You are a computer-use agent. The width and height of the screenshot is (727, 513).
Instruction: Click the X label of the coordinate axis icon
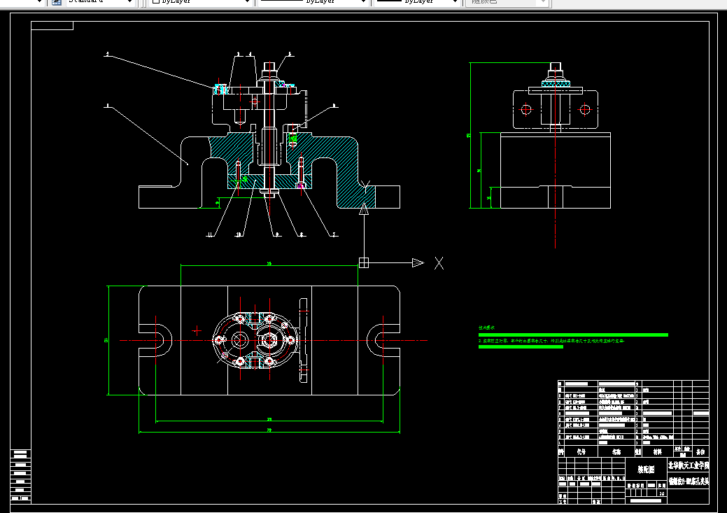tap(439, 263)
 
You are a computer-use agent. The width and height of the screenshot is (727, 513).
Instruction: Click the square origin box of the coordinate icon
tap(363, 263)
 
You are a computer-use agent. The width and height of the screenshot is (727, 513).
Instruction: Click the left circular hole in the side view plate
tap(526, 109)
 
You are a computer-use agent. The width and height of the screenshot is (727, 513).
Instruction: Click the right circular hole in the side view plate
tap(584, 109)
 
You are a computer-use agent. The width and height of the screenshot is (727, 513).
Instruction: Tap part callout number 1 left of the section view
tap(107, 107)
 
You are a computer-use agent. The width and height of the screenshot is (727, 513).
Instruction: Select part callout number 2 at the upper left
tap(107, 54)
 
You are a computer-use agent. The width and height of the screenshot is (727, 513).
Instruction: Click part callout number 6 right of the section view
tap(334, 106)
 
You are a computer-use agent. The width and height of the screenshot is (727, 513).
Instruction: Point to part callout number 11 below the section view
tap(209, 235)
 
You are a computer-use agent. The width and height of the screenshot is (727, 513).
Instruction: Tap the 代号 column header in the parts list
tap(581, 452)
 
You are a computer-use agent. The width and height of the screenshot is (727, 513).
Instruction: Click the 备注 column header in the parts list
tap(699, 452)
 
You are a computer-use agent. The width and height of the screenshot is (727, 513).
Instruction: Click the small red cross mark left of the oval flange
tap(199, 330)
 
